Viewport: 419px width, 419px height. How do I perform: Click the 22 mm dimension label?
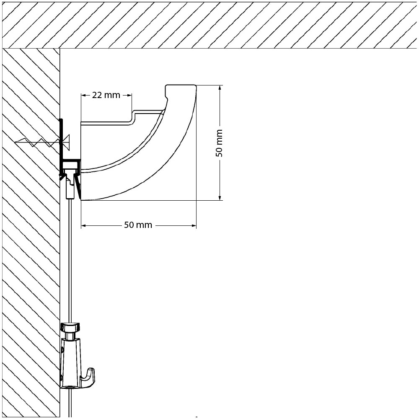pyautogui.click(x=106, y=95)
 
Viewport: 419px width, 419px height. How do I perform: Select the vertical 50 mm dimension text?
pyautogui.click(x=219, y=142)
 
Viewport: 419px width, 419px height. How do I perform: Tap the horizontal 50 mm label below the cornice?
pyautogui.click(x=138, y=225)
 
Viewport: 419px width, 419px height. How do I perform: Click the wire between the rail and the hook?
pyautogui.click(x=70, y=260)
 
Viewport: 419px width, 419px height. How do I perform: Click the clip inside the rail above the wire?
pyautogui.click(x=71, y=176)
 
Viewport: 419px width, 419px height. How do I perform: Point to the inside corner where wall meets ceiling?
pyautogui.click(x=60, y=49)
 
